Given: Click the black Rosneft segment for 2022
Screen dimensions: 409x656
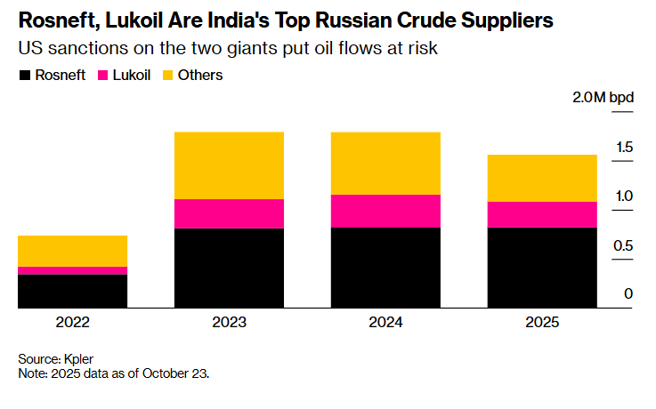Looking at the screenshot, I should tap(72, 291).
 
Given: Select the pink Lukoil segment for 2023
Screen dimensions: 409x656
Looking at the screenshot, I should tap(229, 213).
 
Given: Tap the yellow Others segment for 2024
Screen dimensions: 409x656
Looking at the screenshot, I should tap(385, 163).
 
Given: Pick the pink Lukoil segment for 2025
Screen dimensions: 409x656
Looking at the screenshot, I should tap(541, 214).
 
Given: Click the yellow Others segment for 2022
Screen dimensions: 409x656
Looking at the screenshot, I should tap(72, 251).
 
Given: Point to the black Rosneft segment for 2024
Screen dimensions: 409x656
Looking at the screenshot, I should tap(385, 268).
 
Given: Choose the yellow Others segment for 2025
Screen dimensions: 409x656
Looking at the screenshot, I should tap(541, 178).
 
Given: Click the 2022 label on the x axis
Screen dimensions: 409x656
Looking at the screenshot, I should tap(72, 322).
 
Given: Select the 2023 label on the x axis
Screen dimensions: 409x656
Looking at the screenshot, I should tap(229, 322).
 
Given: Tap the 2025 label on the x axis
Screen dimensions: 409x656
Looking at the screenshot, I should tap(541, 322).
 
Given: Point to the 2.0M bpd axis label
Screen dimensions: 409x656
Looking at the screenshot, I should tap(603, 97).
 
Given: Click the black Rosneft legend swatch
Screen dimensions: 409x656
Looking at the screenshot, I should tap(24, 76).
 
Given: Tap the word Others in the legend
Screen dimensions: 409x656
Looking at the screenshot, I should tap(200, 76).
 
